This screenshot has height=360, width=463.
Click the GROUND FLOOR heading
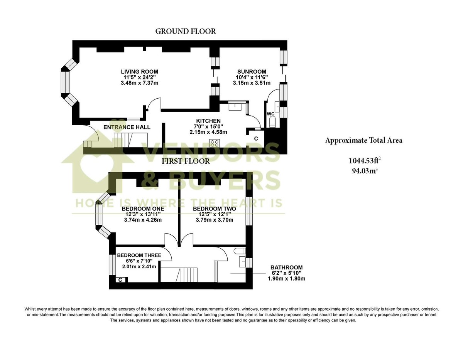[186, 31]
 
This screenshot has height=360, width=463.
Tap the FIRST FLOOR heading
[186, 161]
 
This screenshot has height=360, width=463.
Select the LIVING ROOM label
[139, 72]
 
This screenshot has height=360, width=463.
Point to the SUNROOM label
[252, 72]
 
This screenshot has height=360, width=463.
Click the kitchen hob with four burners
[215, 143]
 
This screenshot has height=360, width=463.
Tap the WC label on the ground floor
[270, 114]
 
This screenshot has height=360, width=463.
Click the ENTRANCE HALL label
[127, 127]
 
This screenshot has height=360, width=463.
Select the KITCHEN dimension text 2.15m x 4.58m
[208, 132]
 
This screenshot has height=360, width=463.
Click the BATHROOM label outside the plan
[286, 267]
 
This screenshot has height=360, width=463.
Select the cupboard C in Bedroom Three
[121, 280]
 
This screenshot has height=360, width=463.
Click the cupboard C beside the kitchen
[256, 138]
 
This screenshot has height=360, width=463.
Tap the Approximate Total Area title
[363, 140]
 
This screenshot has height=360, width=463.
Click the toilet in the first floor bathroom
[240, 251]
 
